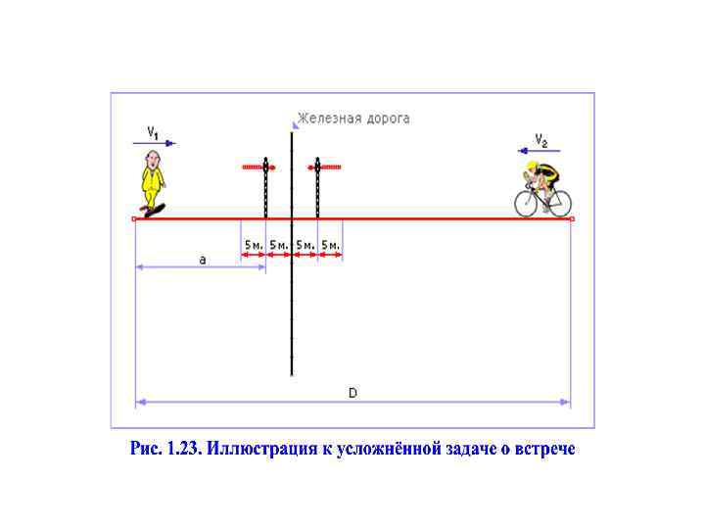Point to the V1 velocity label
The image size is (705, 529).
[x=154, y=130]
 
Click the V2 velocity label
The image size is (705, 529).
[x=540, y=137]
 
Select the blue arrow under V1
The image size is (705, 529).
[x=156, y=143]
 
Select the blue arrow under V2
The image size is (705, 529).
[x=534, y=150]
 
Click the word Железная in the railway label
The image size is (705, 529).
[x=330, y=119]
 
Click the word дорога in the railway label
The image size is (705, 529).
[x=388, y=119]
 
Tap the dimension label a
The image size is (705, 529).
[x=203, y=260]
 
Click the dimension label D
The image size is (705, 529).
[x=353, y=392]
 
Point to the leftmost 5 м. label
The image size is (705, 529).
[x=254, y=244]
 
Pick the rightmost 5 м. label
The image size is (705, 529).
[x=330, y=244]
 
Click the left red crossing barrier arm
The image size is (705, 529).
[x=258, y=168]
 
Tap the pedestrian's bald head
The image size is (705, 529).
[x=153, y=158]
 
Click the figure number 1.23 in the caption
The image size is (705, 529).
[x=184, y=449]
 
